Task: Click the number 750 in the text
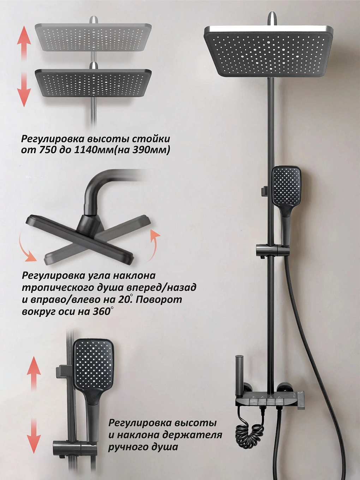pos(47,151)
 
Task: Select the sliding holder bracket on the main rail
pos(272,250)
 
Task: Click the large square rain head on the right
pos(269,51)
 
